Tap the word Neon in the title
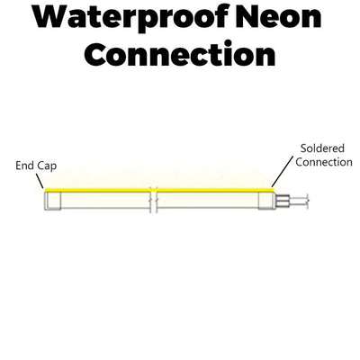coord(278,17)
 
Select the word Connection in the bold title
coord(179,54)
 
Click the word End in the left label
coord(24,166)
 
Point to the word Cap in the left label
coord(47,166)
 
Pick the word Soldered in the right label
coord(322,148)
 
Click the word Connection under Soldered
coord(324,162)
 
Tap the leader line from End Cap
coord(40,181)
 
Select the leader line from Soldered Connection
coord(282,172)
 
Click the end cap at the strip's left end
coord(53,201)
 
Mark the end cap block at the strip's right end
coord(266,200)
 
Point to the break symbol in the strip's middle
coord(154,200)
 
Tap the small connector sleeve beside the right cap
coord(283,201)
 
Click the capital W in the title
coord(51,17)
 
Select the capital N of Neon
coord(247,17)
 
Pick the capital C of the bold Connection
coord(95,54)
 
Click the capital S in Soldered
coord(303,148)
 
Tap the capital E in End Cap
coord(18,166)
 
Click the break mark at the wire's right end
coord(308,202)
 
